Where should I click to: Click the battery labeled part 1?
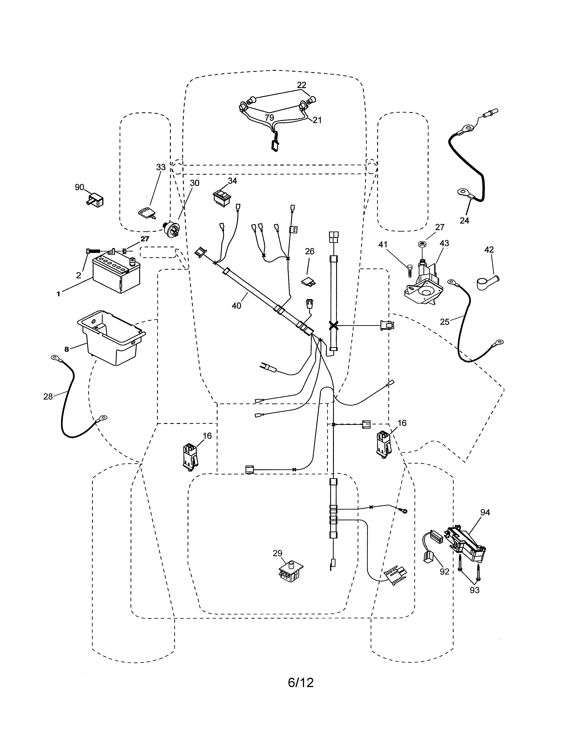point(116,274)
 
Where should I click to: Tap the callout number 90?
point(80,188)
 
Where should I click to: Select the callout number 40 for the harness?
point(237,305)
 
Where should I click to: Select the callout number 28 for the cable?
point(48,397)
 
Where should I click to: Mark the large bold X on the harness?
point(333,325)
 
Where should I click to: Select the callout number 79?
point(269,118)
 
